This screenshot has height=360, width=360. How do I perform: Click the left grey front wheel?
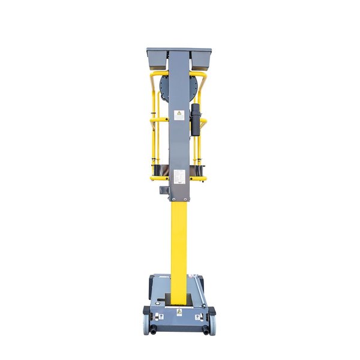click(x=147, y=323)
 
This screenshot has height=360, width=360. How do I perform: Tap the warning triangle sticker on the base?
click(x=179, y=313)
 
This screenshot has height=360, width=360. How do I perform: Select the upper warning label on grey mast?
click(x=179, y=115)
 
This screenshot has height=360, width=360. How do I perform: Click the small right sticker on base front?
click(x=198, y=316)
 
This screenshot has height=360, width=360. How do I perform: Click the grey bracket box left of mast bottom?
click(x=161, y=190)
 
